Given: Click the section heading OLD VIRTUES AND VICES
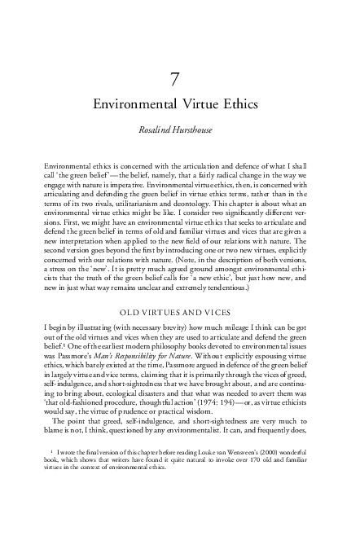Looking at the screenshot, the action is pyautogui.click(x=180, y=288).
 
